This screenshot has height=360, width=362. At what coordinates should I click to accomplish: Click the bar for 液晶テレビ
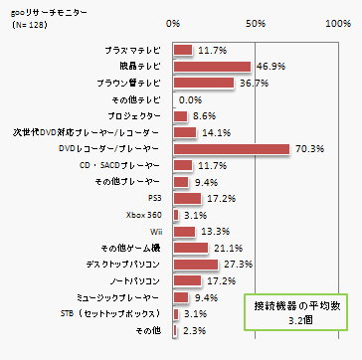212,67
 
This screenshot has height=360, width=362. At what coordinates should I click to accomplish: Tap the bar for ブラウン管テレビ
204,83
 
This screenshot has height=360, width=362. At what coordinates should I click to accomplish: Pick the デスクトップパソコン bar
196,265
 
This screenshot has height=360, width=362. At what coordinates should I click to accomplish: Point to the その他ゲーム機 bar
191,248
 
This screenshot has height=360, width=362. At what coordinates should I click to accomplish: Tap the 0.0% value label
191,99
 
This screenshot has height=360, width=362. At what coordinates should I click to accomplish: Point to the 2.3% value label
193,330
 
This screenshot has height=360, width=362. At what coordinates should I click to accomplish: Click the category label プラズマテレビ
134,50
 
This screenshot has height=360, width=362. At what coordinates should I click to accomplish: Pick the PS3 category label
153,198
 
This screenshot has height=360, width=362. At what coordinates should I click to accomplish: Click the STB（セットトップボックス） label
117,314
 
